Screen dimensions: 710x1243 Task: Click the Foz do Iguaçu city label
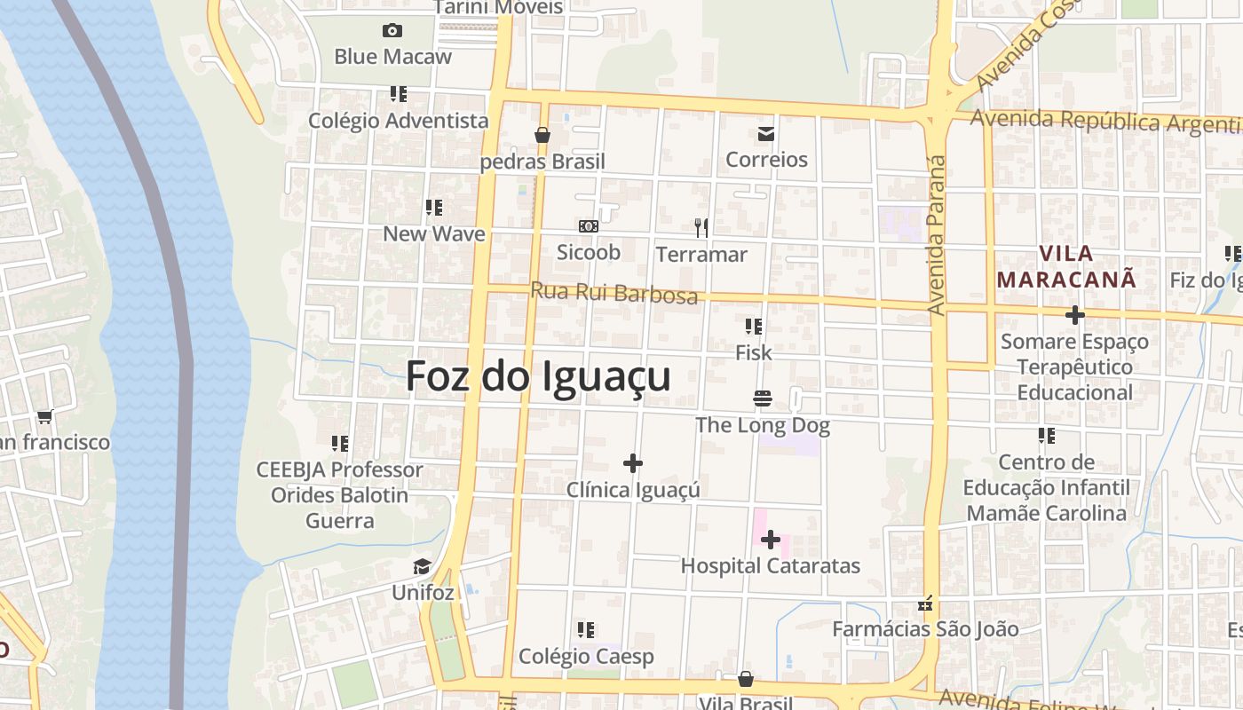pos(538,376)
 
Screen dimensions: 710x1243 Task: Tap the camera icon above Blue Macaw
pos(392,31)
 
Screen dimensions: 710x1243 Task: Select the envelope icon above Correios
pos(765,135)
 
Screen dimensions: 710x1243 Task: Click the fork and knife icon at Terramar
pos(701,228)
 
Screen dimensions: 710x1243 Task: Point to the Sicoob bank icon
pos(588,227)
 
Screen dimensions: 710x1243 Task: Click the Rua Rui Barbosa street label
pos(614,292)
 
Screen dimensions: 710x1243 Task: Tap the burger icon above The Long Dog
pos(762,398)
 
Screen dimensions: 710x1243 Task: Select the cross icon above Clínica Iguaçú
pos(633,463)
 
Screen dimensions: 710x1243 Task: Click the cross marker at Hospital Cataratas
pos(770,540)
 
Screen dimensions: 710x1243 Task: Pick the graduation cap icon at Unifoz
pos(423,567)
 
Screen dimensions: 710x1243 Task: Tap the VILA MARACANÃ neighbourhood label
pos(1065,266)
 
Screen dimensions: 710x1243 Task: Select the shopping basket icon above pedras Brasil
pos(542,136)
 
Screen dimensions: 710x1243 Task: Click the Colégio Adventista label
pos(399,121)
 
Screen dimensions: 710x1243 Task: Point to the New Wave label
pos(434,234)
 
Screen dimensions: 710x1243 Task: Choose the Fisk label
pos(754,353)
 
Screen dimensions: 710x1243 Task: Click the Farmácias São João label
pos(925,629)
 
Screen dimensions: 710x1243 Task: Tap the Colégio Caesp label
pos(586,657)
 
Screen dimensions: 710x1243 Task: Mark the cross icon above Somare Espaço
pos(1074,315)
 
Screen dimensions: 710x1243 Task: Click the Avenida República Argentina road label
pos(1105,122)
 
